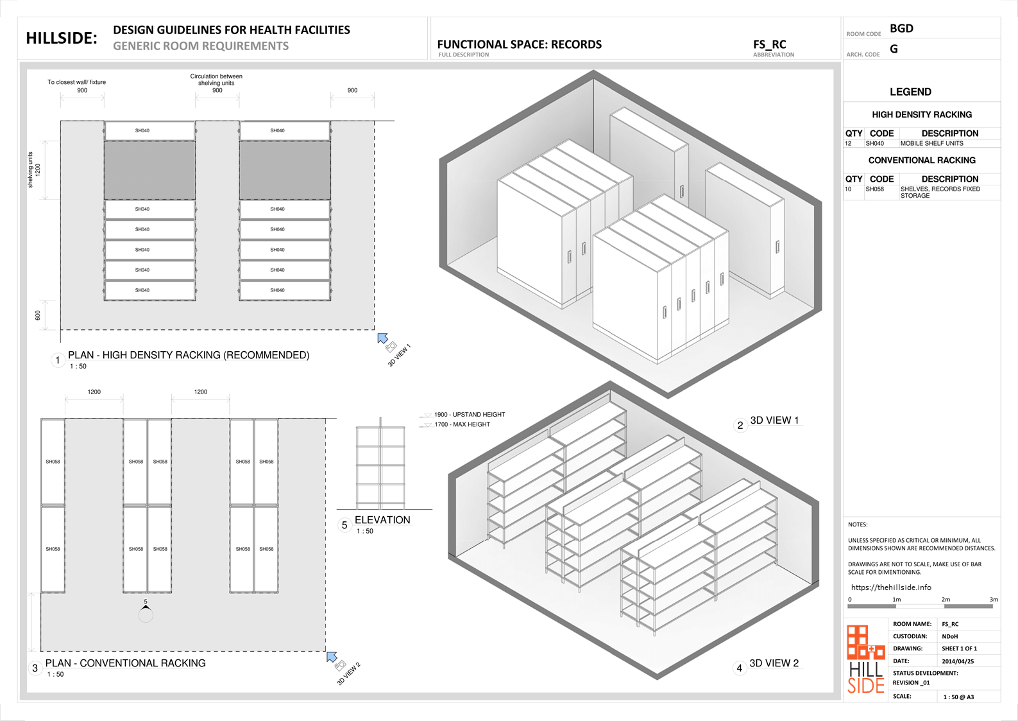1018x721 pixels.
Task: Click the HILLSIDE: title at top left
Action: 62,38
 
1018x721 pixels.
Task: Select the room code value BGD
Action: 901,28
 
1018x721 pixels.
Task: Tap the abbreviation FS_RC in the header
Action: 769,44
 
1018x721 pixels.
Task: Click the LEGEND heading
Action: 910,92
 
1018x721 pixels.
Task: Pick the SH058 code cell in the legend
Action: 874,189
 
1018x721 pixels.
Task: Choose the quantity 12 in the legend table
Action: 848,144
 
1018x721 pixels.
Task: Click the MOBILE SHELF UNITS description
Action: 931,144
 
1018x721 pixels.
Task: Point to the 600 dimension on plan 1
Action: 38,315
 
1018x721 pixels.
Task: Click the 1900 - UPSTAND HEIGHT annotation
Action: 469,415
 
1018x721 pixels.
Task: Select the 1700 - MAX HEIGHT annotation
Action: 462,424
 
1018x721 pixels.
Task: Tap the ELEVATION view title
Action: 382,520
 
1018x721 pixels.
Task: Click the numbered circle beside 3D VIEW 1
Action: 740,425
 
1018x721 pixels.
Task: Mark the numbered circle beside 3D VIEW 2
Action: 740,668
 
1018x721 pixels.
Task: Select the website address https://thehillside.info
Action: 891,587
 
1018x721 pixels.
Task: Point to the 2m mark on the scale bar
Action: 946,600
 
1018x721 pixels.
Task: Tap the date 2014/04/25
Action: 958,661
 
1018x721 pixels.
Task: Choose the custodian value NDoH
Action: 949,636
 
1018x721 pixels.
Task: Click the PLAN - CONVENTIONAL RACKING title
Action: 126,663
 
